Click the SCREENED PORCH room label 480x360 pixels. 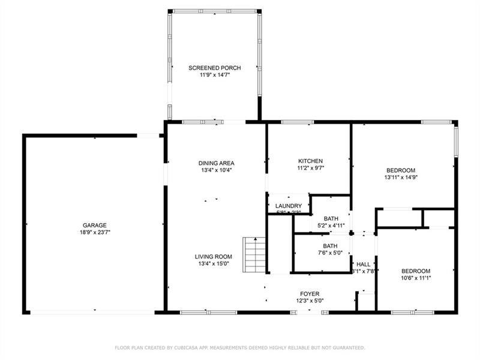tap(214, 68)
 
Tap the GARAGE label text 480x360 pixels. tap(94, 225)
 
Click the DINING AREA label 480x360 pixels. tap(217, 163)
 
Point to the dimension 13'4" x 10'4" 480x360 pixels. tap(217, 170)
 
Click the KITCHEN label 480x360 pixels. tap(311, 161)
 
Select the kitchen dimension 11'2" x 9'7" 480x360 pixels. tap(311, 168)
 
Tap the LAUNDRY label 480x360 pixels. tap(289, 206)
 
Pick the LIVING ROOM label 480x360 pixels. tap(213, 257)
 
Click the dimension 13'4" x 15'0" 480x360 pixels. tap(213, 264)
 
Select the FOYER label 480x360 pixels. tap(310, 293)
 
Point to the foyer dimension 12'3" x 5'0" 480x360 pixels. tap(310, 301)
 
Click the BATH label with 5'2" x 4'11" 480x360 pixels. tap(331, 218)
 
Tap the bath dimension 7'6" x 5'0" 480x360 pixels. tap(330, 253)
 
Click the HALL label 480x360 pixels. tap(364, 264)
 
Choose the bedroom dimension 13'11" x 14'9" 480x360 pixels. tap(400, 178)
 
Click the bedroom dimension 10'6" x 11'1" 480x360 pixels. tap(416, 278)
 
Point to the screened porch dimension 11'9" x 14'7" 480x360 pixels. tap(214, 75)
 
